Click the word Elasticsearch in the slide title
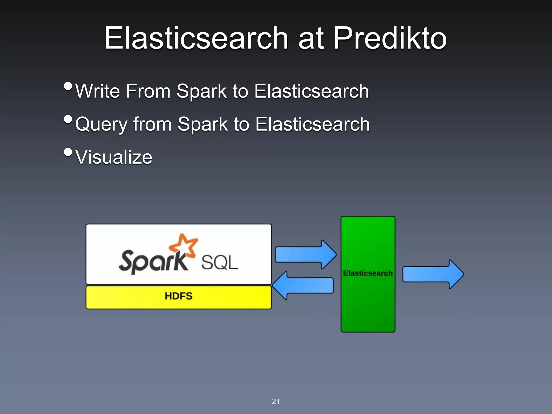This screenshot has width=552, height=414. coord(196,38)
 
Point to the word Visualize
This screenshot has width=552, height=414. coord(114,157)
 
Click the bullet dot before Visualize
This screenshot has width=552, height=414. coord(68,152)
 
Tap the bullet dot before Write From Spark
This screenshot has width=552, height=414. coord(68,86)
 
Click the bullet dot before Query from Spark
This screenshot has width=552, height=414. coord(68,119)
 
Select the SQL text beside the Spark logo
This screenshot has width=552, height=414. coord(220,263)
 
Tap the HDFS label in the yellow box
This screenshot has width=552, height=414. coord(178,296)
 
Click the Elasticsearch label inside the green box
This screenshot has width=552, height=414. coord(368,273)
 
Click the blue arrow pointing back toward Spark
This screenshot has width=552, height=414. coord(303,285)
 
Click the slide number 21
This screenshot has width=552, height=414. coord(275,402)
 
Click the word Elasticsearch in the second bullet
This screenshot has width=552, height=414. coord(312,125)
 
